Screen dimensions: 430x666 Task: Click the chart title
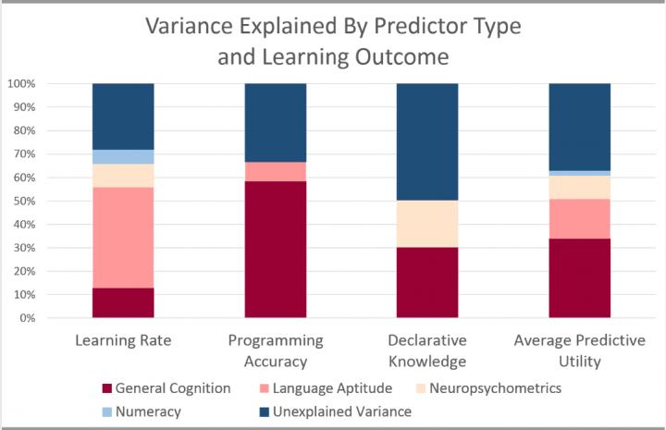pos(333,41)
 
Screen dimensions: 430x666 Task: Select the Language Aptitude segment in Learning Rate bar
pos(123,238)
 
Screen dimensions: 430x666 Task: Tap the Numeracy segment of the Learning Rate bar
pos(123,156)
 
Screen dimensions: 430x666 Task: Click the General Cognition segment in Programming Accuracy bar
pos(275,250)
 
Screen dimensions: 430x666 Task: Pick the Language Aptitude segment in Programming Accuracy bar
pos(275,171)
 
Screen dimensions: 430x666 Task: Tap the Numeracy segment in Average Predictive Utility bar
pos(579,173)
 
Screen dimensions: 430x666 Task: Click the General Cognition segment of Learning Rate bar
pos(123,302)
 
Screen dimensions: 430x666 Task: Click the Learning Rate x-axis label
pos(123,341)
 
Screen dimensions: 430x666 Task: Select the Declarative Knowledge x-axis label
pos(427,350)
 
